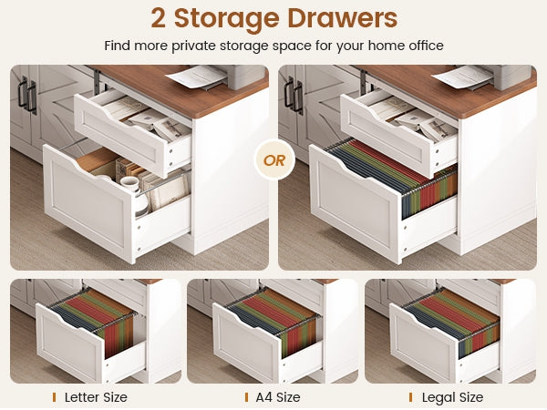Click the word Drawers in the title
(342, 18)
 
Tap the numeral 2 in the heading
(158, 18)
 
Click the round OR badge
(274, 160)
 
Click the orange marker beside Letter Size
(54, 397)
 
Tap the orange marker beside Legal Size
(410, 397)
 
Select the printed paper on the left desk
(196, 77)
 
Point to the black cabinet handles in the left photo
(27, 95)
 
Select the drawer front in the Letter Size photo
(70, 334)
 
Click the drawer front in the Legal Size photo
(424, 334)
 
